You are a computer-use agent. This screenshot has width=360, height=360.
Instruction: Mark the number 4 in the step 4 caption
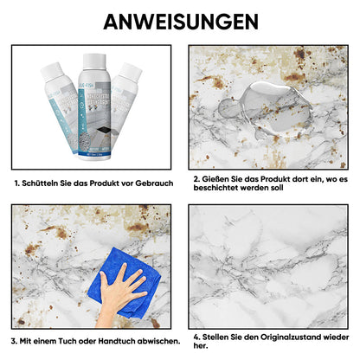point(196,336)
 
